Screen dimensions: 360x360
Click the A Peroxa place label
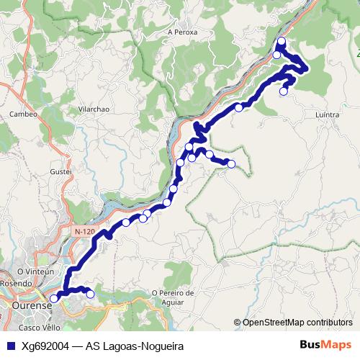click(181, 32)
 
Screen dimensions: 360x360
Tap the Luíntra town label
click(328, 114)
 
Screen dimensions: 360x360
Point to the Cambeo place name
click(22, 114)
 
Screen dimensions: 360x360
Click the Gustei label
click(62, 173)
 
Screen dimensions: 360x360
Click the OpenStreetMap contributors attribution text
click(297, 322)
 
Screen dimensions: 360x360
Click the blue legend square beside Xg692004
click(10, 346)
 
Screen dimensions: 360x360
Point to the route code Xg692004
click(45, 346)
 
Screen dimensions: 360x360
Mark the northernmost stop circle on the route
click(282, 41)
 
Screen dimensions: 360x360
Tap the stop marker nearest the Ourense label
click(54, 298)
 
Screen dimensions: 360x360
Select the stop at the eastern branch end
click(231, 164)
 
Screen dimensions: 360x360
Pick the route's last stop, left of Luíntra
click(284, 91)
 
